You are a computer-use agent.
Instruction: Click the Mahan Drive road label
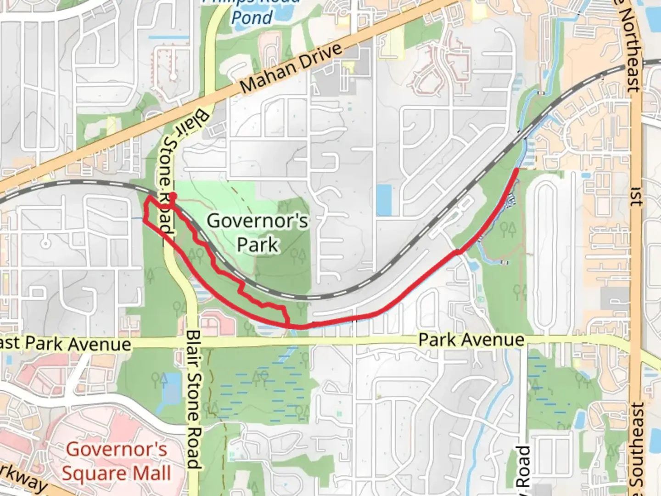[291, 68]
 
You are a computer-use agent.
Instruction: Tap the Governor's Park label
[257, 232]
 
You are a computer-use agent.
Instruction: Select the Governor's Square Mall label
[117, 461]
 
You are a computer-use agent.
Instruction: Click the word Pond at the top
[252, 17]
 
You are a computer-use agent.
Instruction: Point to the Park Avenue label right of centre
[471, 340]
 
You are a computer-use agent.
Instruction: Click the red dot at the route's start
[173, 197]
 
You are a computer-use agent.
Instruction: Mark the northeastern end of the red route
[516, 170]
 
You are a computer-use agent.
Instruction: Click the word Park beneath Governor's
[258, 244]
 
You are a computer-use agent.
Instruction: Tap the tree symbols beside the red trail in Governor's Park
[197, 254]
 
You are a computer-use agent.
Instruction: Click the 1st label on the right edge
[636, 196]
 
